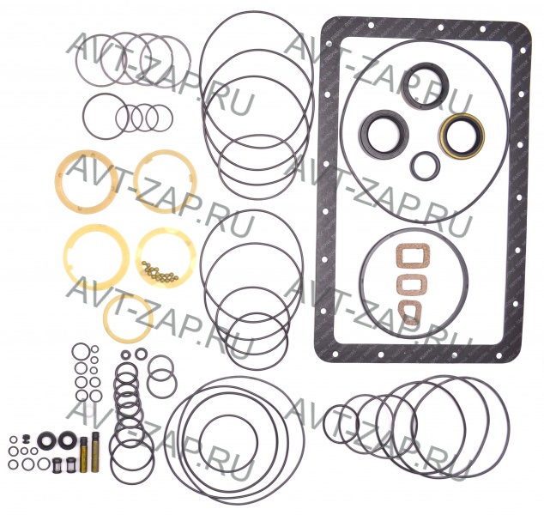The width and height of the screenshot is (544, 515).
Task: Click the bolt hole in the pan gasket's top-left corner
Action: point(328,43)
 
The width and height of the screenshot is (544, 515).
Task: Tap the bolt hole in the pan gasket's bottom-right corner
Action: point(500,354)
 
